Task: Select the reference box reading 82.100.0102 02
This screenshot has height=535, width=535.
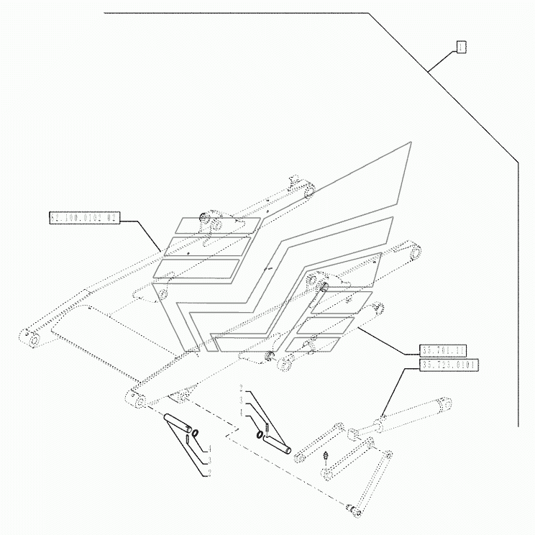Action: tap(83, 217)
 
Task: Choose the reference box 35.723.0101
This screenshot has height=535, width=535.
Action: tap(450, 365)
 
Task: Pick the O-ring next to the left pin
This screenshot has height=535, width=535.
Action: tap(193, 433)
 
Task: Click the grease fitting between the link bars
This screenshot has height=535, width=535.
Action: tap(326, 458)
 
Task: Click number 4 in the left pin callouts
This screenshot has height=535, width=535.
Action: tap(209, 449)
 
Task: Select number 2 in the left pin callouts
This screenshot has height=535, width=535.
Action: tap(209, 472)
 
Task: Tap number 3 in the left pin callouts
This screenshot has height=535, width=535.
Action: tap(209, 460)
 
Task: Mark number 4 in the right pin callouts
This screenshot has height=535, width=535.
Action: tap(242, 412)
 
